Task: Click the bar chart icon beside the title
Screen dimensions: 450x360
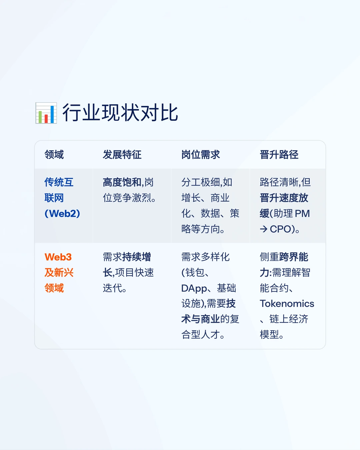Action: (46, 113)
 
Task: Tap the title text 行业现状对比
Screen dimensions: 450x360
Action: (120, 113)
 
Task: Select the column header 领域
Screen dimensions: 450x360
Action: (54, 155)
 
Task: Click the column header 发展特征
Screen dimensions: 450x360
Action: (122, 155)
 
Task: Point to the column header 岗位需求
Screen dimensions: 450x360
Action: (200, 155)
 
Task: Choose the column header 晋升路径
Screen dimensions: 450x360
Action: (279, 155)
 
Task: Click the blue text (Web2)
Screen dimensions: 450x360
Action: (62, 213)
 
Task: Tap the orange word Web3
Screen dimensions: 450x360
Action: (58, 257)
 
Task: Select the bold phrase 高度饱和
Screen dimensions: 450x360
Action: (122, 182)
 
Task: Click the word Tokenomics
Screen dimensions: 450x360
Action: (287, 304)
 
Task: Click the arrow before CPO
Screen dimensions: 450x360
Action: (264, 229)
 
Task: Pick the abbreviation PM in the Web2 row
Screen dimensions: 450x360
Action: (302, 214)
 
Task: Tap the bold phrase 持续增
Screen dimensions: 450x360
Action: (137, 257)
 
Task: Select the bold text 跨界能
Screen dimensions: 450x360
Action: (294, 257)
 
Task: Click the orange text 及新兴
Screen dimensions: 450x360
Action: (59, 273)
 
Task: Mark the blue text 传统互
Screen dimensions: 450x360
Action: (59, 182)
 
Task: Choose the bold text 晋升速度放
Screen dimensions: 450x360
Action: (284, 198)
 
